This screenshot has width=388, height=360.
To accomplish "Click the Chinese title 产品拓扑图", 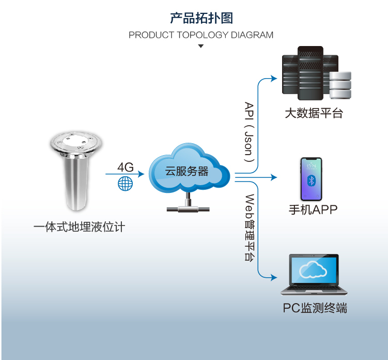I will point(201,18).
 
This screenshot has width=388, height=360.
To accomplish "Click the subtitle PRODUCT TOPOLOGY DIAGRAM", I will point(201,35).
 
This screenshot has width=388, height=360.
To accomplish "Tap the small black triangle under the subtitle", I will point(201,47).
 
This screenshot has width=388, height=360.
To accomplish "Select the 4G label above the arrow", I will point(125,167).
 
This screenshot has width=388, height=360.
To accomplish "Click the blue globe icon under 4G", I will point(125,183).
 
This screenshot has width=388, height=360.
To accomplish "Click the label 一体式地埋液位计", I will point(79,227).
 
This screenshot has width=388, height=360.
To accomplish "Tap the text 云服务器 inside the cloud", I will point(187,171).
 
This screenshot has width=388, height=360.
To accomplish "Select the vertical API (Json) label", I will point(249,131).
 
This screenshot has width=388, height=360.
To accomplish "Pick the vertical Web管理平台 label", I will point(249,228).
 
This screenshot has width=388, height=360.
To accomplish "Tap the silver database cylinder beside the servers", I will point(340,85).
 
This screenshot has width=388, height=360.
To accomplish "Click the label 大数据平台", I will point(314,113).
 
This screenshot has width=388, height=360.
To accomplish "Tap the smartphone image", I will point(312,179).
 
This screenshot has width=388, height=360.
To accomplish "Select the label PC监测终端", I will point(315,308).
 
